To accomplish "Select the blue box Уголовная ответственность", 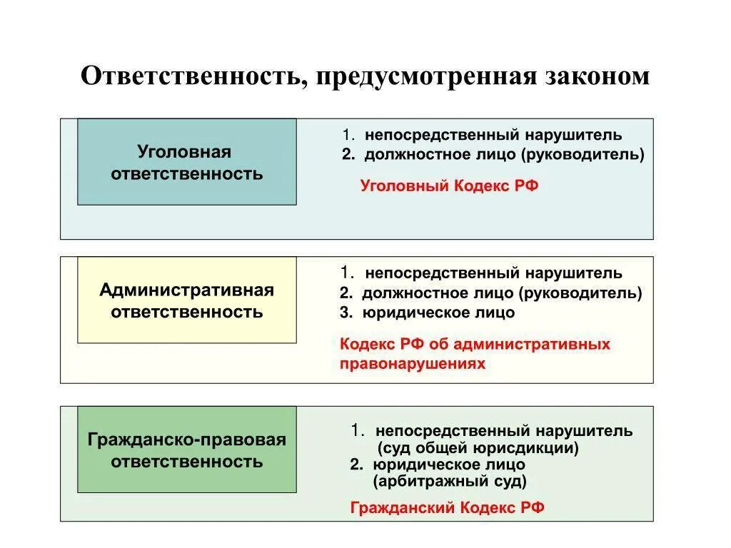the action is (x=186, y=162).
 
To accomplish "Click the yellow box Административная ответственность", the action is (x=186, y=300).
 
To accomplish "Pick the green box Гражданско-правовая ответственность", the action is (x=186, y=450).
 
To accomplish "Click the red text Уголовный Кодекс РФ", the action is (x=449, y=186).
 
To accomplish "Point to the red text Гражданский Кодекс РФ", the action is (x=447, y=507).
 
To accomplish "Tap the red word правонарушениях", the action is (x=412, y=363).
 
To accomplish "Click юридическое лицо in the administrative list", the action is (x=438, y=313).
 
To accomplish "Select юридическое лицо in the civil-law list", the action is (x=448, y=465).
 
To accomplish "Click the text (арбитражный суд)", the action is (x=450, y=481).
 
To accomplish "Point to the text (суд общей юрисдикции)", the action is (x=478, y=448).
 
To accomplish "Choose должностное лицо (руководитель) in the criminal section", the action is (x=504, y=154).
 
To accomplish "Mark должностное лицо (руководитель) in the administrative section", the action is (x=501, y=293).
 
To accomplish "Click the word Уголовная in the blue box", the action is (x=184, y=151).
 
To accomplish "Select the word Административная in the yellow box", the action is (x=186, y=290).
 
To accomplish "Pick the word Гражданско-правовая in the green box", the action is (x=186, y=440).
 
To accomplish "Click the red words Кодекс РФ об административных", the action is (x=475, y=344).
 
